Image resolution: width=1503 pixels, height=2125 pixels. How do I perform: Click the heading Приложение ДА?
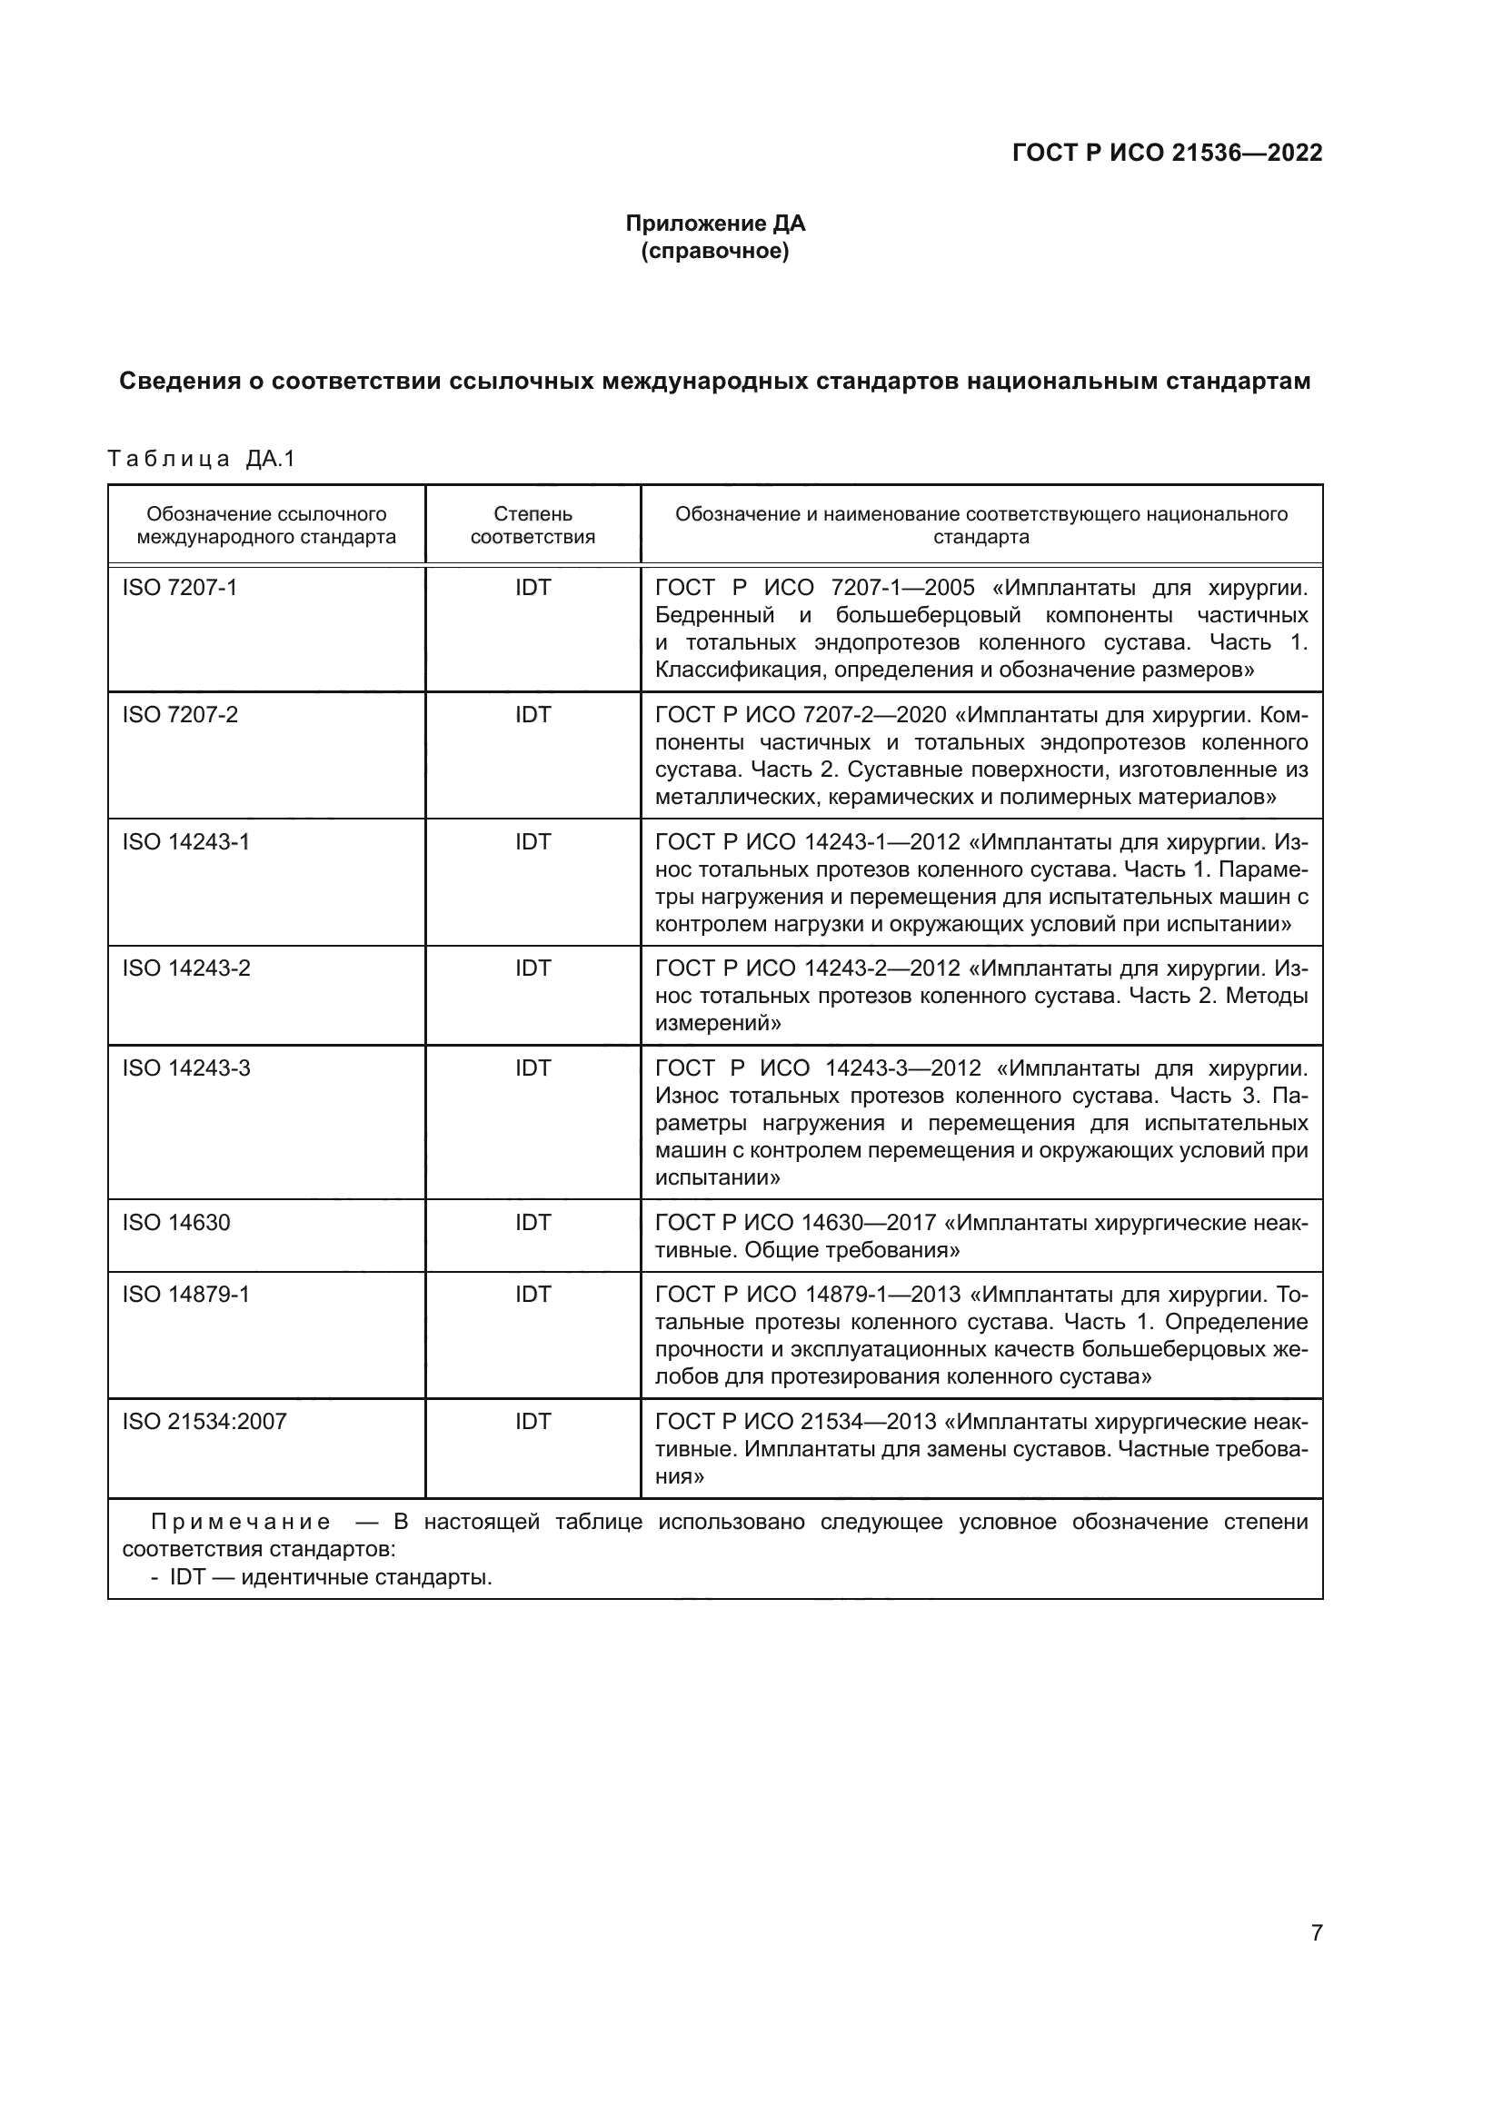click(x=714, y=223)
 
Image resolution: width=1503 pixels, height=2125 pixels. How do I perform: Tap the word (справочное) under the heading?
click(x=714, y=251)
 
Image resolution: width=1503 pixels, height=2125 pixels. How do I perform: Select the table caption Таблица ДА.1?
click(x=201, y=459)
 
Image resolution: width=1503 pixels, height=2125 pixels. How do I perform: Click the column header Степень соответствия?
click(x=533, y=525)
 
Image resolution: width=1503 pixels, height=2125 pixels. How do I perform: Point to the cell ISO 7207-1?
click(x=180, y=588)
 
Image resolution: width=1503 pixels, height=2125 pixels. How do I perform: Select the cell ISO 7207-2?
click(x=180, y=714)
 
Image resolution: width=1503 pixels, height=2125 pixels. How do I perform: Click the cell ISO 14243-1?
click(x=186, y=841)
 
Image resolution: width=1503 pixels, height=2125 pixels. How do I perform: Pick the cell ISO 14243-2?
click(x=186, y=968)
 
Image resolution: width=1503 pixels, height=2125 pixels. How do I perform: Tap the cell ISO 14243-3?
click(x=186, y=1068)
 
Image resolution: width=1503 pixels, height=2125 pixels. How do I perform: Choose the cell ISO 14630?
click(x=176, y=1223)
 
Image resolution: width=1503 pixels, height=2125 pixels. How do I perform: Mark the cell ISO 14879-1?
click(x=186, y=1294)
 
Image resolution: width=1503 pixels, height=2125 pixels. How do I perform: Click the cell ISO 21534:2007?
click(x=204, y=1421)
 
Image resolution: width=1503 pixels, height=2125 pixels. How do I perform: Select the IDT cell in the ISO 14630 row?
click(x=533, y=1223)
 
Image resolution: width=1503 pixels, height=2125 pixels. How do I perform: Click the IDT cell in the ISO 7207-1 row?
click(x=533, y=588)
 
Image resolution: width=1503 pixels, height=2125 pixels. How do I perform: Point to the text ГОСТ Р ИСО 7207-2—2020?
click(x=801, y=714)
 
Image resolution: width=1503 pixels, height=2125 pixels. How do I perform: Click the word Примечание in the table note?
click(x=241, y=1523)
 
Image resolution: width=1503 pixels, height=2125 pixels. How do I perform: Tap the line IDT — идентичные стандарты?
click(x=330, y=1577)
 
